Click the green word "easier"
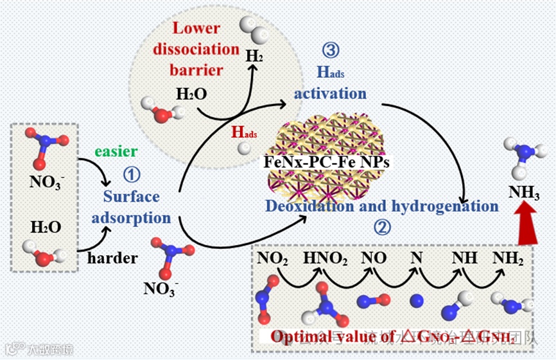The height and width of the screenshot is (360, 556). click(x=116, y=152)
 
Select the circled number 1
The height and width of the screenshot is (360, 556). click(x=131, y=174)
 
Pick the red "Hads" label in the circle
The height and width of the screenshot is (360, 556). click(x=245, y=133)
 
